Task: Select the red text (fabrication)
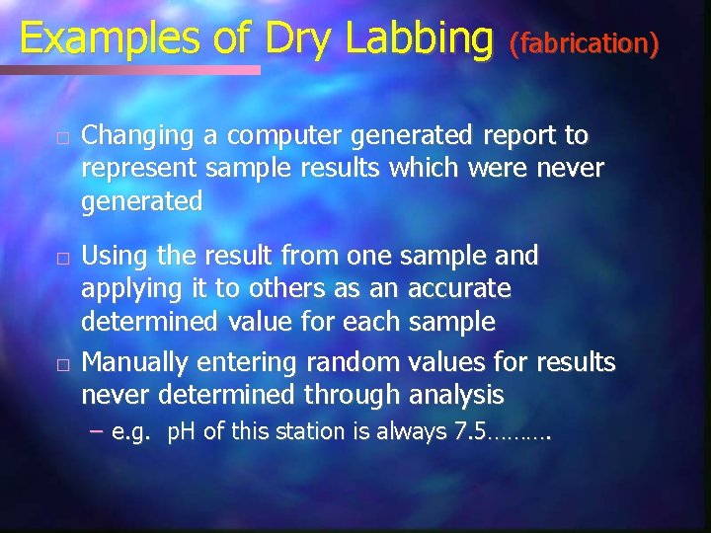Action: pyautogui.click(x=584, y=43)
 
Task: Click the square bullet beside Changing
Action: pyautogui.click(x=61, y=136)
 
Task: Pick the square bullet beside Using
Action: pyautogui.click(x=61, y=258)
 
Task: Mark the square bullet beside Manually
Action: pyautogui.click(x=61, y=364)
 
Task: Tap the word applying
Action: pyautogui.click(x=127, y=290)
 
